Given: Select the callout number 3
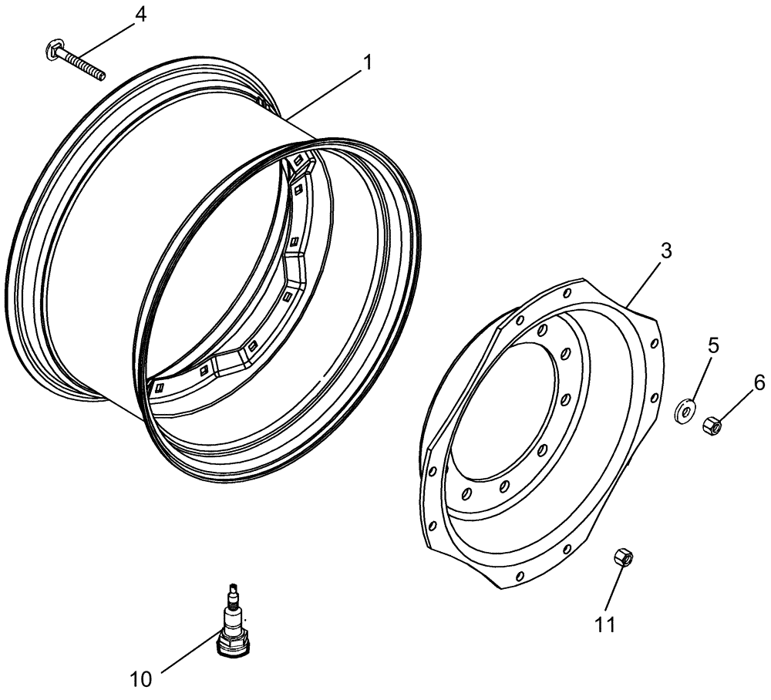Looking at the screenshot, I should (666, 251).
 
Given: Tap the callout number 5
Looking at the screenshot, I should (713, 345).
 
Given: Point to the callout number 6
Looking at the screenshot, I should (759, 382).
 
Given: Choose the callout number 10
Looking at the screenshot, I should (141, 679).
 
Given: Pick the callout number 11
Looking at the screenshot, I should (606, 624).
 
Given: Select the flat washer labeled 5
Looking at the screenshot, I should (684, 412).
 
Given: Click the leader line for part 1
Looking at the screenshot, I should (324, 95).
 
